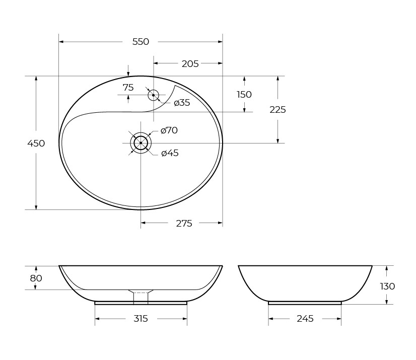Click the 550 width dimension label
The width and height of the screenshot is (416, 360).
[x=141, y=42]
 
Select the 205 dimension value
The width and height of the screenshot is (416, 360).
[x=190, y=63]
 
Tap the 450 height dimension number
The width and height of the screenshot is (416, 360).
[x=36, y=143]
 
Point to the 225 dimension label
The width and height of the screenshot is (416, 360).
[x=278, y=110]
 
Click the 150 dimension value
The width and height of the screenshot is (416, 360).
[x=244, y=95]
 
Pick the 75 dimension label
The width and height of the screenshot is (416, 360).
[x=128, y=88]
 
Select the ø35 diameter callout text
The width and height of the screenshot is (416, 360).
[x=181, y=103]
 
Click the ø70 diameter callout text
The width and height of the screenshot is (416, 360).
[x=169, y=130]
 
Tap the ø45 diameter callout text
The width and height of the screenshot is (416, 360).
[x=170, y=153]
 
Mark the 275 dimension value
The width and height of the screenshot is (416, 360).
[x=184, y=224]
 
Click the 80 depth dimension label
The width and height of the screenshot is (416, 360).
[x=36, y=278]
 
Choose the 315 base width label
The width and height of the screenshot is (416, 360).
[x=141, y=319]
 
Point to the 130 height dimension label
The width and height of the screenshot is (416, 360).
[x=387, y=286]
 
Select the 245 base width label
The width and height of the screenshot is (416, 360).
[x=305, y=319]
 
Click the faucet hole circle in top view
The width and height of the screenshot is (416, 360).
[x=153, y=95]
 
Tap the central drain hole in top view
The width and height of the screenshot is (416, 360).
[x=141, y=143]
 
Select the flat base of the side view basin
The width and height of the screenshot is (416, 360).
[x=305, y=303]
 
